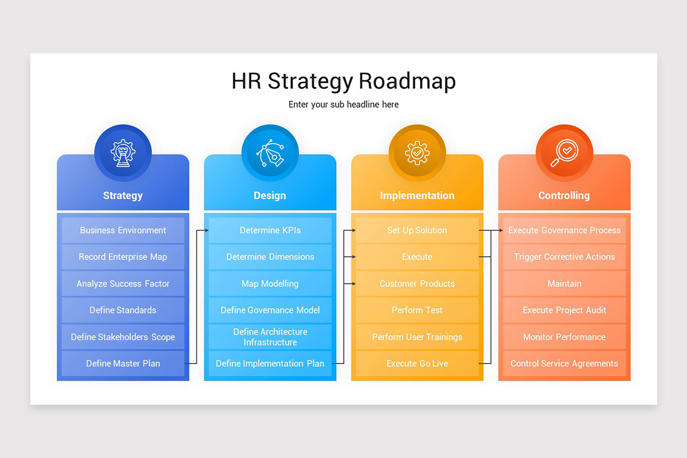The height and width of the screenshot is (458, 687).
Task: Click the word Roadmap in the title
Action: point(407,81)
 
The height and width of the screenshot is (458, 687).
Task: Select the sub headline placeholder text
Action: point(343,104)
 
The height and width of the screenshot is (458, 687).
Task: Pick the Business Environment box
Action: point(123,230)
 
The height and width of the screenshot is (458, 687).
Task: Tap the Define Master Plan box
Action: point(123,364)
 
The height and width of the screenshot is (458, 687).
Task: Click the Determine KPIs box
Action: point(270,230)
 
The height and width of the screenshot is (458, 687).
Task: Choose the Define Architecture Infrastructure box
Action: point(270,337)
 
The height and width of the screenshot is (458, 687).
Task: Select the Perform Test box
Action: point(417,310)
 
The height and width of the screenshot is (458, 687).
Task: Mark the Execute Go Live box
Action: point(417,364)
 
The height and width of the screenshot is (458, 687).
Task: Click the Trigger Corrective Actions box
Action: point(564,257)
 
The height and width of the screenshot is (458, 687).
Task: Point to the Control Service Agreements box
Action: point(564,364)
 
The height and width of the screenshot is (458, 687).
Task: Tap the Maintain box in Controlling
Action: point(564,283)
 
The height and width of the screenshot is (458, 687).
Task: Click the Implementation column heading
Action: point(417,196)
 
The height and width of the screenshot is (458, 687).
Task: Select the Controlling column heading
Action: point(564,196)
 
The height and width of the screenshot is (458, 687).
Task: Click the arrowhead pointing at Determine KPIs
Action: point(206,230)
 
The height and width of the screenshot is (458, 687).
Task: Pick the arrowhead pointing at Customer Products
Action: point(353,283)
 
